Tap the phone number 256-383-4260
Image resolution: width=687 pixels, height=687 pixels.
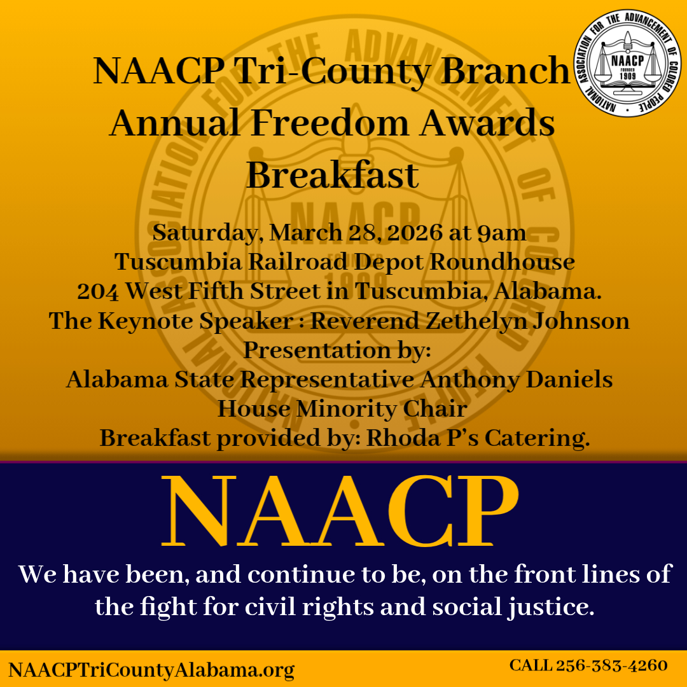click(x=611, y=665)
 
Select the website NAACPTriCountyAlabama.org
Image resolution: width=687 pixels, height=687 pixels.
click(x=151, y=669)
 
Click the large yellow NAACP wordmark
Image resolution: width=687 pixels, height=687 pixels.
click(x=340, y=513)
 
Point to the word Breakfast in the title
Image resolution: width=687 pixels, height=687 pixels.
click(x=333, y=175)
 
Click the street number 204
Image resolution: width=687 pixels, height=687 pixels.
click(x=98, y=291)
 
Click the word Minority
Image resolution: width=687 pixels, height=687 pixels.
click(x=342, y=409)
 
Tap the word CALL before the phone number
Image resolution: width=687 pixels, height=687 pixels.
click(x=531, y=665)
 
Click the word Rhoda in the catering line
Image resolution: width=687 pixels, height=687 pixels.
click(x=405, y=438)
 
